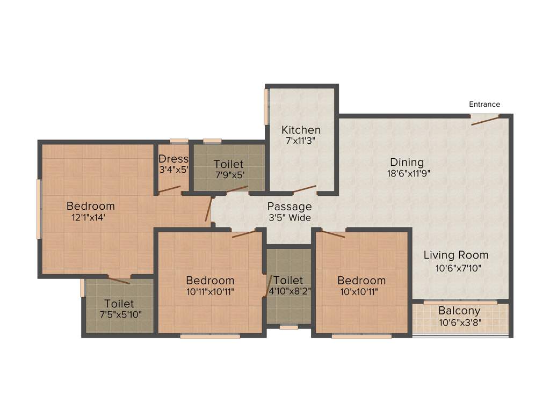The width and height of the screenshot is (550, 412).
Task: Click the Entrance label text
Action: tap(484, 104)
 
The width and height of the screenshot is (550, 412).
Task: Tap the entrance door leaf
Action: tap(486, 120)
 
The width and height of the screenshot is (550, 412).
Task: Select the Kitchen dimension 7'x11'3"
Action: tap(301, 142)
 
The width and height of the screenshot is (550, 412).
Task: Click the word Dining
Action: tap(407, 162)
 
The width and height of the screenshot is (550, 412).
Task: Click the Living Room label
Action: tap(455, 255)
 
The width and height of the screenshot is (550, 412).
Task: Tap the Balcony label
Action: tap(459, 311)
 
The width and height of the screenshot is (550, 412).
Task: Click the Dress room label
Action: tap(173, 159)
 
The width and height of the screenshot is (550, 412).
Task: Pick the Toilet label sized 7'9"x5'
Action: tap(228, 164)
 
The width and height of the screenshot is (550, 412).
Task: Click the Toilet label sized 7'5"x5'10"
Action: tap(119, 304)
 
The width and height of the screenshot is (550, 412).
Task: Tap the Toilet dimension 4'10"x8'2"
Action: tap(289, 292)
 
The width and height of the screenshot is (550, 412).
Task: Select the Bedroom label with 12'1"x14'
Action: tap(90, 206)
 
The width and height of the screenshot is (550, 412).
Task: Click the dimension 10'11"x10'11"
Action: tap(209, 292)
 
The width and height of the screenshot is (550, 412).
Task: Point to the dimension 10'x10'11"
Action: tap(361, 292)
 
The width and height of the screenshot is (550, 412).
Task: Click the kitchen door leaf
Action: tap(304, 189)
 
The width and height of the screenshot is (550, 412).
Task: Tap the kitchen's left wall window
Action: tap(265, 106)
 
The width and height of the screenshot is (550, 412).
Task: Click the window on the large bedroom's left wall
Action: tap(39, 209)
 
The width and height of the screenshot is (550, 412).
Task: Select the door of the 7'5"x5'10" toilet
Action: tap(119, 279)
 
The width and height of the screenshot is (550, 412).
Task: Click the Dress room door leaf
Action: tap(169, 189)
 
